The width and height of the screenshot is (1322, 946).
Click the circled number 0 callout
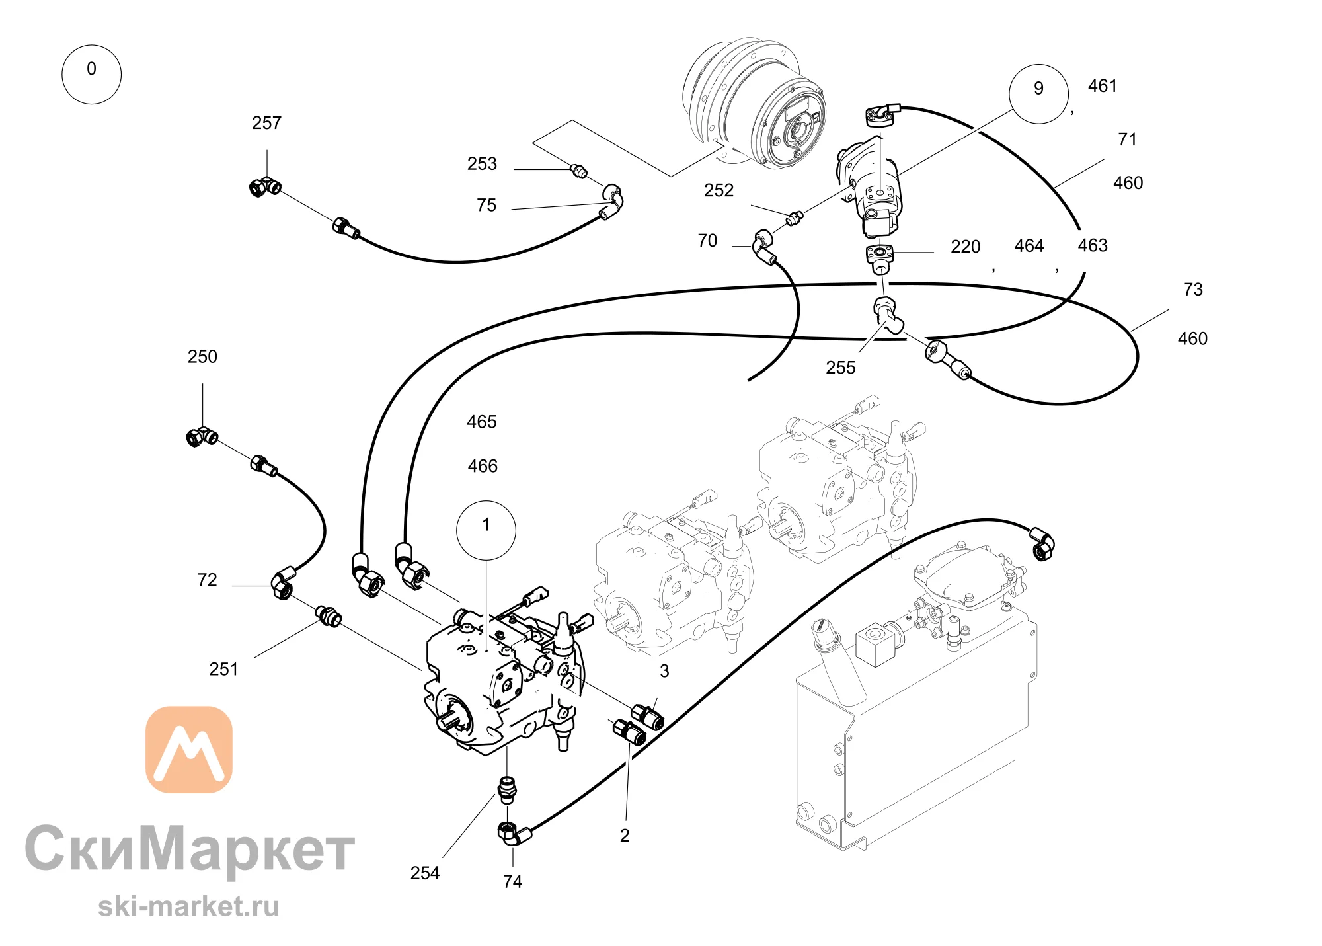tap(91, 74)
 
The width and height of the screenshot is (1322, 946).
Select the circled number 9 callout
tap(1038, 94)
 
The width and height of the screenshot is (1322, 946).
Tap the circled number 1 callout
tap(486, 530)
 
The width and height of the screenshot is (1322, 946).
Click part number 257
tap(266, 123)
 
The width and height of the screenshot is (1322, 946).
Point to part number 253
tap(482, 164)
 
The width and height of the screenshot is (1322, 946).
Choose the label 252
tap(719, 190)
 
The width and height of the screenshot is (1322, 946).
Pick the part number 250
tap(202, 357)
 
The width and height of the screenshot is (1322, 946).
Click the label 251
tap(223, 670)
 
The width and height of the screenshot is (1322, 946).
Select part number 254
tap(424, 873)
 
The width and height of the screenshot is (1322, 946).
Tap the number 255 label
tap(840, 368)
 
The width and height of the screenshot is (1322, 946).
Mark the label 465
tap(481, 422)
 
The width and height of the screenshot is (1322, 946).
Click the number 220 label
tap(965, 247)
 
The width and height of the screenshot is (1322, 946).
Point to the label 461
tap(1103, 86)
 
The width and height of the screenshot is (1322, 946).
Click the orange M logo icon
tap(189, 750)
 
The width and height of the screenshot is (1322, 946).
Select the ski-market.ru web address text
tap(189, 906)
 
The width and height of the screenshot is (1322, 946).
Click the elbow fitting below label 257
tap(265, 187)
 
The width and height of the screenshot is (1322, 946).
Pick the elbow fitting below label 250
tap(202, 436)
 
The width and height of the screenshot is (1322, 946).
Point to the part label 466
tap(483, 467)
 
